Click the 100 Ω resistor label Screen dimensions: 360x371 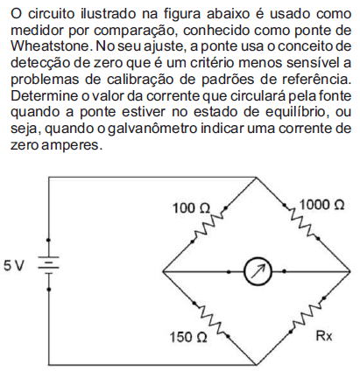(x=191, y=208)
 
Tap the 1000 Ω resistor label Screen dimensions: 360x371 (x=321, y=205)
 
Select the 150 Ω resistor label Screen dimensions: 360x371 (x=188, y=337)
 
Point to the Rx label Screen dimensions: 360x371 (x=324, y=336)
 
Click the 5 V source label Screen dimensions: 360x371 (x=14, y=266)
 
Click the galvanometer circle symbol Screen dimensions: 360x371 (x=258, y=272)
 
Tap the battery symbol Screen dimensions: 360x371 (x=49, y=265)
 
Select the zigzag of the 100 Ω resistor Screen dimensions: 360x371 (x=208, y=225)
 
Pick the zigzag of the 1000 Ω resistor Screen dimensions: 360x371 (x=301, y=222)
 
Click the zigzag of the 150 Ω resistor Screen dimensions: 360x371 (x=211, y=319)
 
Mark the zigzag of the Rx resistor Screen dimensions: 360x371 (x=307, y=315)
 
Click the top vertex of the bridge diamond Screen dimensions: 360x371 (x=256, y=177)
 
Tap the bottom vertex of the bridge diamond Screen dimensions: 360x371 (x=256, y=365)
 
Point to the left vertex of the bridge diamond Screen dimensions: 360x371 (x=163, y=272)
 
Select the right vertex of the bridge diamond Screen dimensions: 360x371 (x=349, y=271)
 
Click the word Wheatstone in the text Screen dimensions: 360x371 (x=51, y=46)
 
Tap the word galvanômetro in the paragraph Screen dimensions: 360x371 (x=152, y=129)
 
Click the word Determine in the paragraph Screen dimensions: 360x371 (x=44, y=95)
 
